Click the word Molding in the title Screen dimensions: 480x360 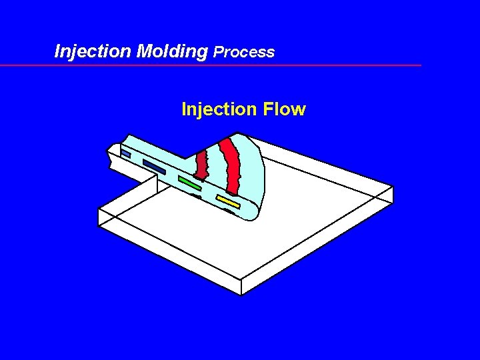(171, 51)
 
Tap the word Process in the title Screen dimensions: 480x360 (244, 52)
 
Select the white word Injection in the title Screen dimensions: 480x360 (93, 51)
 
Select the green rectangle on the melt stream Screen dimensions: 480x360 (190, 182)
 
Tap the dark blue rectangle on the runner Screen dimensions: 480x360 (154, 167)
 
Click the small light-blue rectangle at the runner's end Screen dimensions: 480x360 (125, 154)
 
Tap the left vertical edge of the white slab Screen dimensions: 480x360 (99, 217)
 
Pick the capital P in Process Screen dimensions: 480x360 (219, 52)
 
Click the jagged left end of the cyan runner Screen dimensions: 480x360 (110, 157)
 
